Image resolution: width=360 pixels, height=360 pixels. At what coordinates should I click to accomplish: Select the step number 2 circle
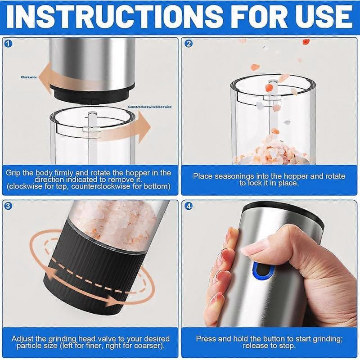[189, 44]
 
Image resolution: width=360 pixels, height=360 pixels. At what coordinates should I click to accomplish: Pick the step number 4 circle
[189, 207]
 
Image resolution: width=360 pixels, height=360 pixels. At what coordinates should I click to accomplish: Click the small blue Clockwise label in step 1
[29, 77]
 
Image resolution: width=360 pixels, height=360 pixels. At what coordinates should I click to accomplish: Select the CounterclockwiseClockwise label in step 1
[150, 107]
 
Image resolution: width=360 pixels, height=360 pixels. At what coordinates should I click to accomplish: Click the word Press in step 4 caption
[205, 338]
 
